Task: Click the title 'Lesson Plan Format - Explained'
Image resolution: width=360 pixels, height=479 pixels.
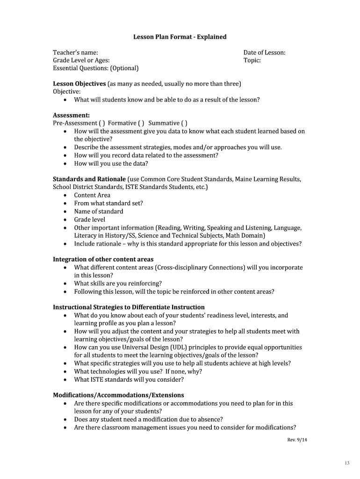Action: (x=180, y=37)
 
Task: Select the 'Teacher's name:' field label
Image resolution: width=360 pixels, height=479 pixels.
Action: (x=75, y=53)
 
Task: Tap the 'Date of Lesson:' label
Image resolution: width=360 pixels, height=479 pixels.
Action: (x=264, y=53)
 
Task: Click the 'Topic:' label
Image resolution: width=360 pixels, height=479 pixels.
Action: (x=252, y=61)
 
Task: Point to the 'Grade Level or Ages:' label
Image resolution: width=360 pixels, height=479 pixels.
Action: (x=81, y=61)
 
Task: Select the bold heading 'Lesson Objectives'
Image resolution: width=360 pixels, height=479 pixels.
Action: (x=79, y=84)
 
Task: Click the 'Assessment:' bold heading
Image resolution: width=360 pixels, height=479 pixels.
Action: (x=71, y=115)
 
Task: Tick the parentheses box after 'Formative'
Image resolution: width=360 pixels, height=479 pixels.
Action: (x=142, y=123)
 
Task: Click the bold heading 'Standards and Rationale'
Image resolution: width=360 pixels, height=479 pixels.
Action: (x=89, y=179)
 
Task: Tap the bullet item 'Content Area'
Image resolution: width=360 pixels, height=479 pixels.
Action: (x=92, y=196)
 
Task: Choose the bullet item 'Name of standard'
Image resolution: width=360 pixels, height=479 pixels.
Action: (x=99, y=211)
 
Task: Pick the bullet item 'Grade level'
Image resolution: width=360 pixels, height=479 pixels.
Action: (x=90, y=219)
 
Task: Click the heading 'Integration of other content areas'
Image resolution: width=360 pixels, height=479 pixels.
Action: (x=103, y=260)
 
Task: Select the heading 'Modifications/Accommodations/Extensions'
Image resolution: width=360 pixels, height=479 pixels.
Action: (x=118, y=395)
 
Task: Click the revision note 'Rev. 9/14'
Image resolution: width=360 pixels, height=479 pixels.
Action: (x=296, y=440)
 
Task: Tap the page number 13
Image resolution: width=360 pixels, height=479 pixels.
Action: (x=346, y=463)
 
